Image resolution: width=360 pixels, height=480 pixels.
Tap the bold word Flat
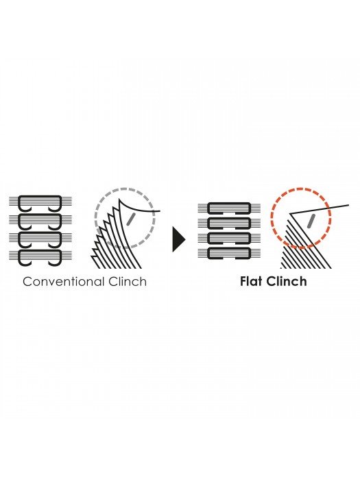tap(252, 281)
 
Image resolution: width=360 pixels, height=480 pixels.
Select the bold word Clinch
tap(287, 281)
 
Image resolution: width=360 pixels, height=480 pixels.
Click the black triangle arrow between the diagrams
tap(179, 239)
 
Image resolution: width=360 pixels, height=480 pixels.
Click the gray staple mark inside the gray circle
tap(131, 219)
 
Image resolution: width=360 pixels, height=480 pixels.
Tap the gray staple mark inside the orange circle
tap(311, 221)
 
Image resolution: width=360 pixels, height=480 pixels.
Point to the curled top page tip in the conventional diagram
tap(120, 200)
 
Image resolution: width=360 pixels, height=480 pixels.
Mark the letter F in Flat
tap(243, 282)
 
